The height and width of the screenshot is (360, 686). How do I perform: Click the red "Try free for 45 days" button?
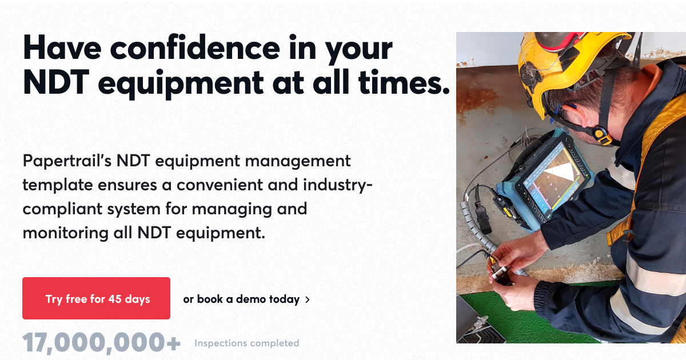(96, 298)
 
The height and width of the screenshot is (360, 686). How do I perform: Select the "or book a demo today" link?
(241, 299)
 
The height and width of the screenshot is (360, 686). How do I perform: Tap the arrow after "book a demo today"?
(308, 299)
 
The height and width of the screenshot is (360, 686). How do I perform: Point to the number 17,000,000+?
(102, 343)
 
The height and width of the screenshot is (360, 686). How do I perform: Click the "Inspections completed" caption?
(246, 343)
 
